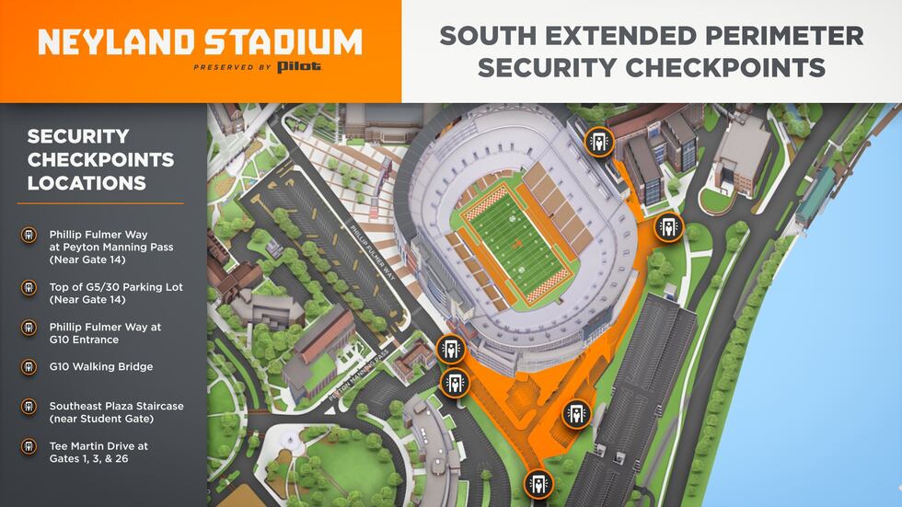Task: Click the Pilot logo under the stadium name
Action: click(x=300, y=67)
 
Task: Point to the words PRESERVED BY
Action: click(x=233, y=68)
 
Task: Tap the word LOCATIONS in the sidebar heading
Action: click(x=87, y=183)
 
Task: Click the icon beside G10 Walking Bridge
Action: click(x=29, y=367)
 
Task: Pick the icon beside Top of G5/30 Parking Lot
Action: click(x=29, y=287)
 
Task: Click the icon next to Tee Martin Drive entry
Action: click(x=29, y=446)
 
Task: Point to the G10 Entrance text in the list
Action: click(x=89, y=340)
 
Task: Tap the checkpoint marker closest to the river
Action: click(x=669, y=226)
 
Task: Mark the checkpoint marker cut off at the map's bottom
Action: click(x=538, y=484)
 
